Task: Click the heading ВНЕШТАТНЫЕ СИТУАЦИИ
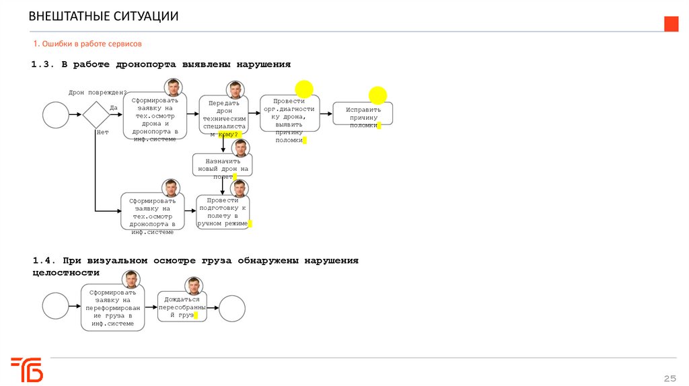pyautogui.click(x=104, y=16)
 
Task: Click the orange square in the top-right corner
pyautogui.click(x=672, y=24)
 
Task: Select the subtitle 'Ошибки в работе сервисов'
pyautogui.click(x=87, y=44)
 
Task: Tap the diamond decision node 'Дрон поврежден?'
pyautogui.click(x=96, y=114)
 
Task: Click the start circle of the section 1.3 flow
pyautogui.click(x=56, y=114)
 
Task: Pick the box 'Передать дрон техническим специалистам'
pyautogui.click(x=223, y=115)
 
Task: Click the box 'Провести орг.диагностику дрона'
pyautogui.click(x=289, y=116)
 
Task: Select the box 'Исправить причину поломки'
pyautogui.click(x=363, y=114)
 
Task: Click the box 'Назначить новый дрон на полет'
pyautogui.click(x=222, y=165)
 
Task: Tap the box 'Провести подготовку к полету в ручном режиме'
pyautogui.click(x=223, y=211)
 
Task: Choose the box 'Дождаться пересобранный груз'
pyautogui.click(x=182, y=306)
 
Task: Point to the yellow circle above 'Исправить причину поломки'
pyautogui.click(x=378, y=95)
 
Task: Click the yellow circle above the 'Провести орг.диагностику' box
pyautogui.click(x=304, y=87)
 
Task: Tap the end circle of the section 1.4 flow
pyautogui.click(x=232, y=308)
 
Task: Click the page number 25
pyautogui.click(x=669, y=377)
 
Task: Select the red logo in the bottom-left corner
pyautogui.click(x=27, y=369)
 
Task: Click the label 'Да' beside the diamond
pyautogui.click(x=114, y=108)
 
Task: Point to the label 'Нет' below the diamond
pyautogui.click(x=102, y=132)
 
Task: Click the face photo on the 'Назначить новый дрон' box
pyautogui.click(x=240, y=148)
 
